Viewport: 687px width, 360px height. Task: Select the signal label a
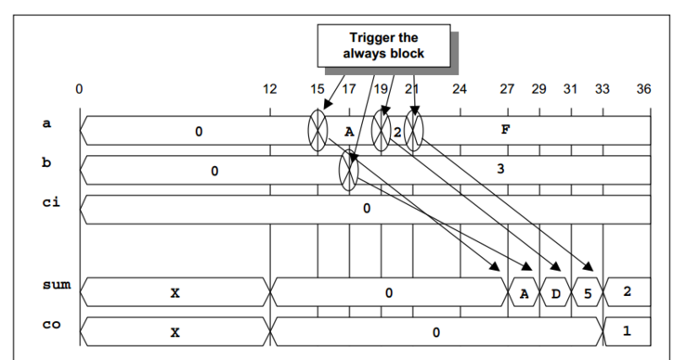47,123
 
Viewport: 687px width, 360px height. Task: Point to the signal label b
47,163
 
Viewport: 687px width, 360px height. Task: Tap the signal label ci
50,201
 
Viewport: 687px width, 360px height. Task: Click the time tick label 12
269,90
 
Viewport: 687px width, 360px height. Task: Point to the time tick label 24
459,90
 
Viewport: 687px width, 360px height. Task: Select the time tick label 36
644,90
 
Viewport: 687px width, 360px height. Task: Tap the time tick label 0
80,90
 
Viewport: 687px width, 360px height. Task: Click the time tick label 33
603,90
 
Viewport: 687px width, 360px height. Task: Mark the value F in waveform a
505,130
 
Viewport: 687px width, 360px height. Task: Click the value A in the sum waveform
524,292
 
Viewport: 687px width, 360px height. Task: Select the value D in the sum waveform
555,292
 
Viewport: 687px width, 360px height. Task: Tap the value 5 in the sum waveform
587,292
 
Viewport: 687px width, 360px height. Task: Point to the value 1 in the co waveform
627,331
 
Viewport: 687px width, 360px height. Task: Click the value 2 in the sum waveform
627,292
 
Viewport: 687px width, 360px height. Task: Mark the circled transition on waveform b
349,170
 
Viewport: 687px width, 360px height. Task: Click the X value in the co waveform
175,331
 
